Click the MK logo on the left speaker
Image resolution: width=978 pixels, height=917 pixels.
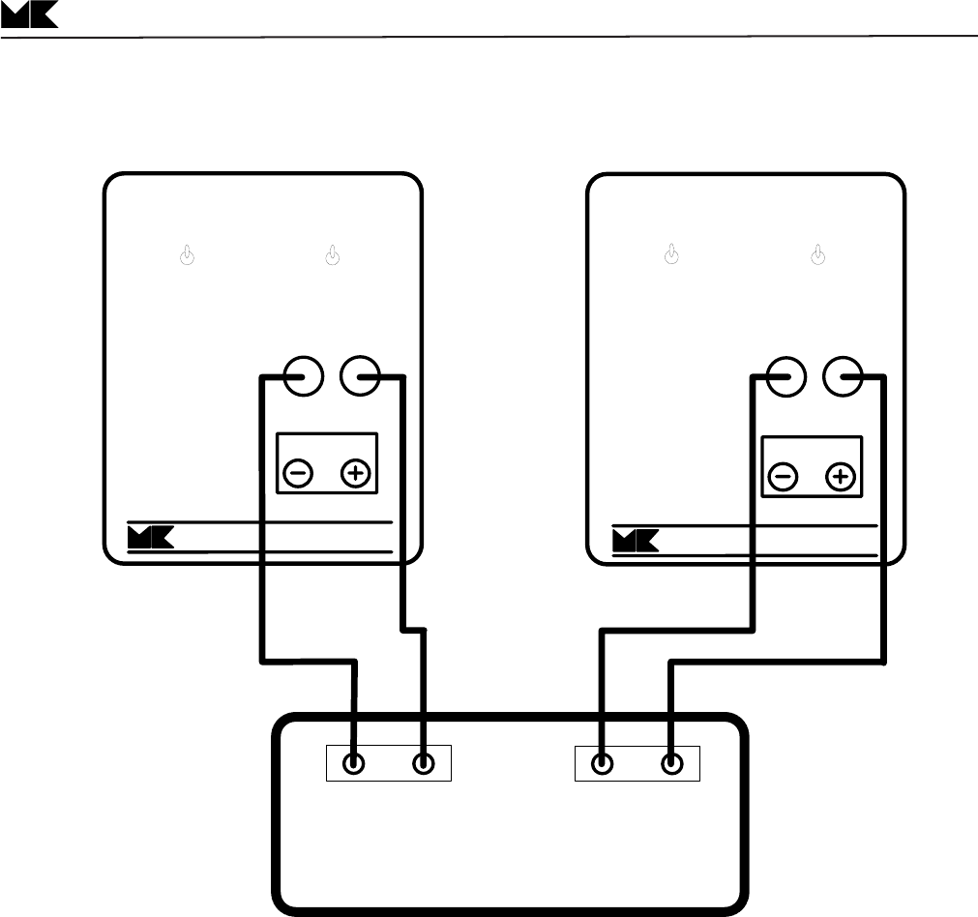pyautogui.click(x=151, y=537)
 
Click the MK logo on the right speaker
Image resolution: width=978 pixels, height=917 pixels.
pyautogui.click(x=636, y=537)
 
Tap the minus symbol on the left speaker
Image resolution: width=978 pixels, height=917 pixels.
pyautogui.click(x=298, y=474)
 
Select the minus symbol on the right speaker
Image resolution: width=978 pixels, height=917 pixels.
pyautogui.click(x=783, y=476)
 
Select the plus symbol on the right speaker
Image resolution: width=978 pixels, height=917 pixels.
pyautogui.click(x=842, y=476)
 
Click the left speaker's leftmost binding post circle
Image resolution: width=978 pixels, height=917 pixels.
pyautogui.click(x=303, y=374)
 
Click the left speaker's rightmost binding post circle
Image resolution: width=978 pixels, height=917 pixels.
pyautogui.click(x=363, y=374)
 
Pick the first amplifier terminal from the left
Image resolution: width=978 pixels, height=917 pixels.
pyautogui.click(x=355, y=763)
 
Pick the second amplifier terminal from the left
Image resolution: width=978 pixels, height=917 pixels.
pyautogui.click(x=424, y=763)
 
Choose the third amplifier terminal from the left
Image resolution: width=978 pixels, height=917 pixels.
pyautogui.click(x=603, y=763)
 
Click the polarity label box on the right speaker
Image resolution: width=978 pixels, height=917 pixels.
pyautogui.click(x=812, y=465)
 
